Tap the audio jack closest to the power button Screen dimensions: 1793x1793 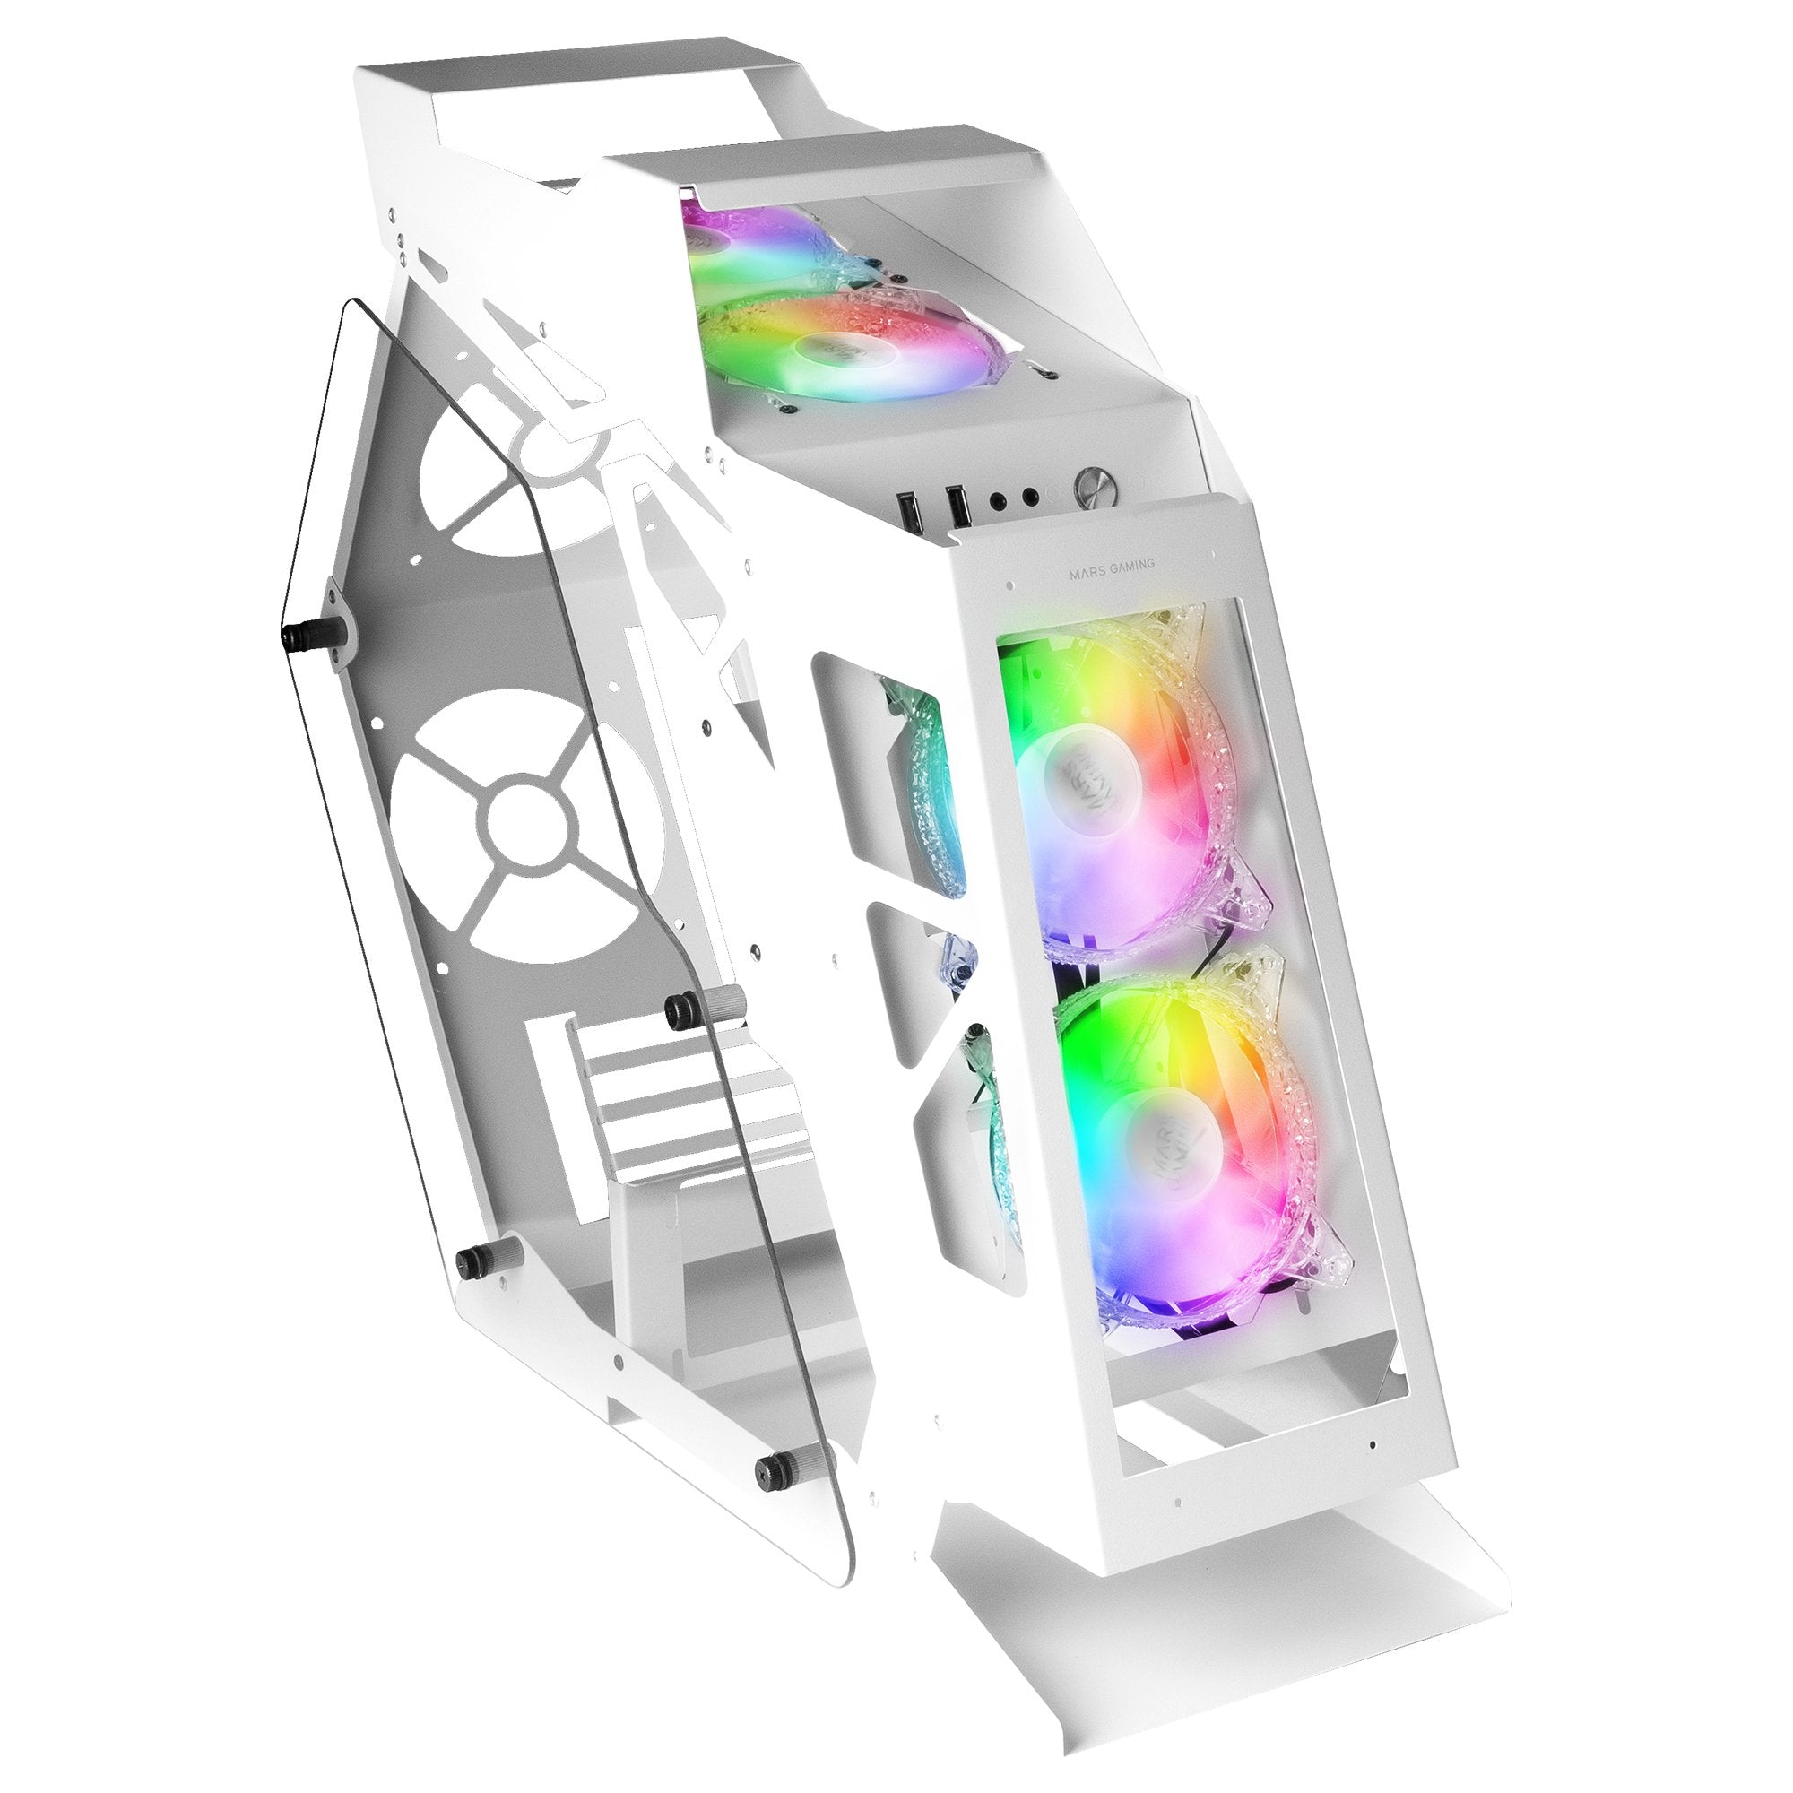click(x=1031, y=498)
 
